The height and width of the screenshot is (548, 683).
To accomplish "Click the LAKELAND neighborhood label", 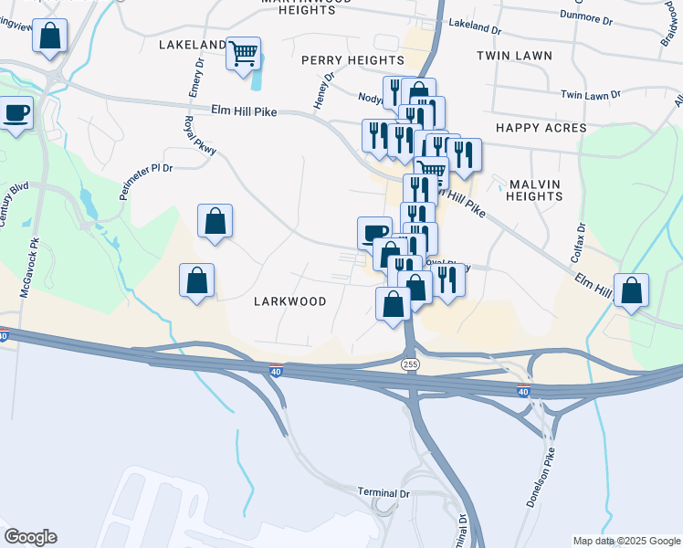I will pos(192,44).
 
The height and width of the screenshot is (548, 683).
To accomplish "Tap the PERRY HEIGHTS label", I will pos(352,59).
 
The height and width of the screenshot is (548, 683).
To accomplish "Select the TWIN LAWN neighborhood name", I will pos(514,56).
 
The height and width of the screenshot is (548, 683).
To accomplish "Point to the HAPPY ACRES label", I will pos(541,128).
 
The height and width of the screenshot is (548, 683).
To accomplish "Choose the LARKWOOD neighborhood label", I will pos(290,301).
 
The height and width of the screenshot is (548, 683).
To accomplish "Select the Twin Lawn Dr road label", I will pos(590,94).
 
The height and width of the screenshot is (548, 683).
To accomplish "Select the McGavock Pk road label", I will pos(25,269).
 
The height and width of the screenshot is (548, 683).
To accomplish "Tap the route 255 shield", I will pos(410,364).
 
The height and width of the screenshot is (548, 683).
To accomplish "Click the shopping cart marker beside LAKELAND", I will pos(244,55).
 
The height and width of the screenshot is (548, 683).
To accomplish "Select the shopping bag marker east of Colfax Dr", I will pos(631,291).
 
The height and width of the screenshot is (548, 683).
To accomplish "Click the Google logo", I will pos(29,537).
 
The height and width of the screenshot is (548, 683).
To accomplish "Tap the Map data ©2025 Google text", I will pos(626,541).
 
